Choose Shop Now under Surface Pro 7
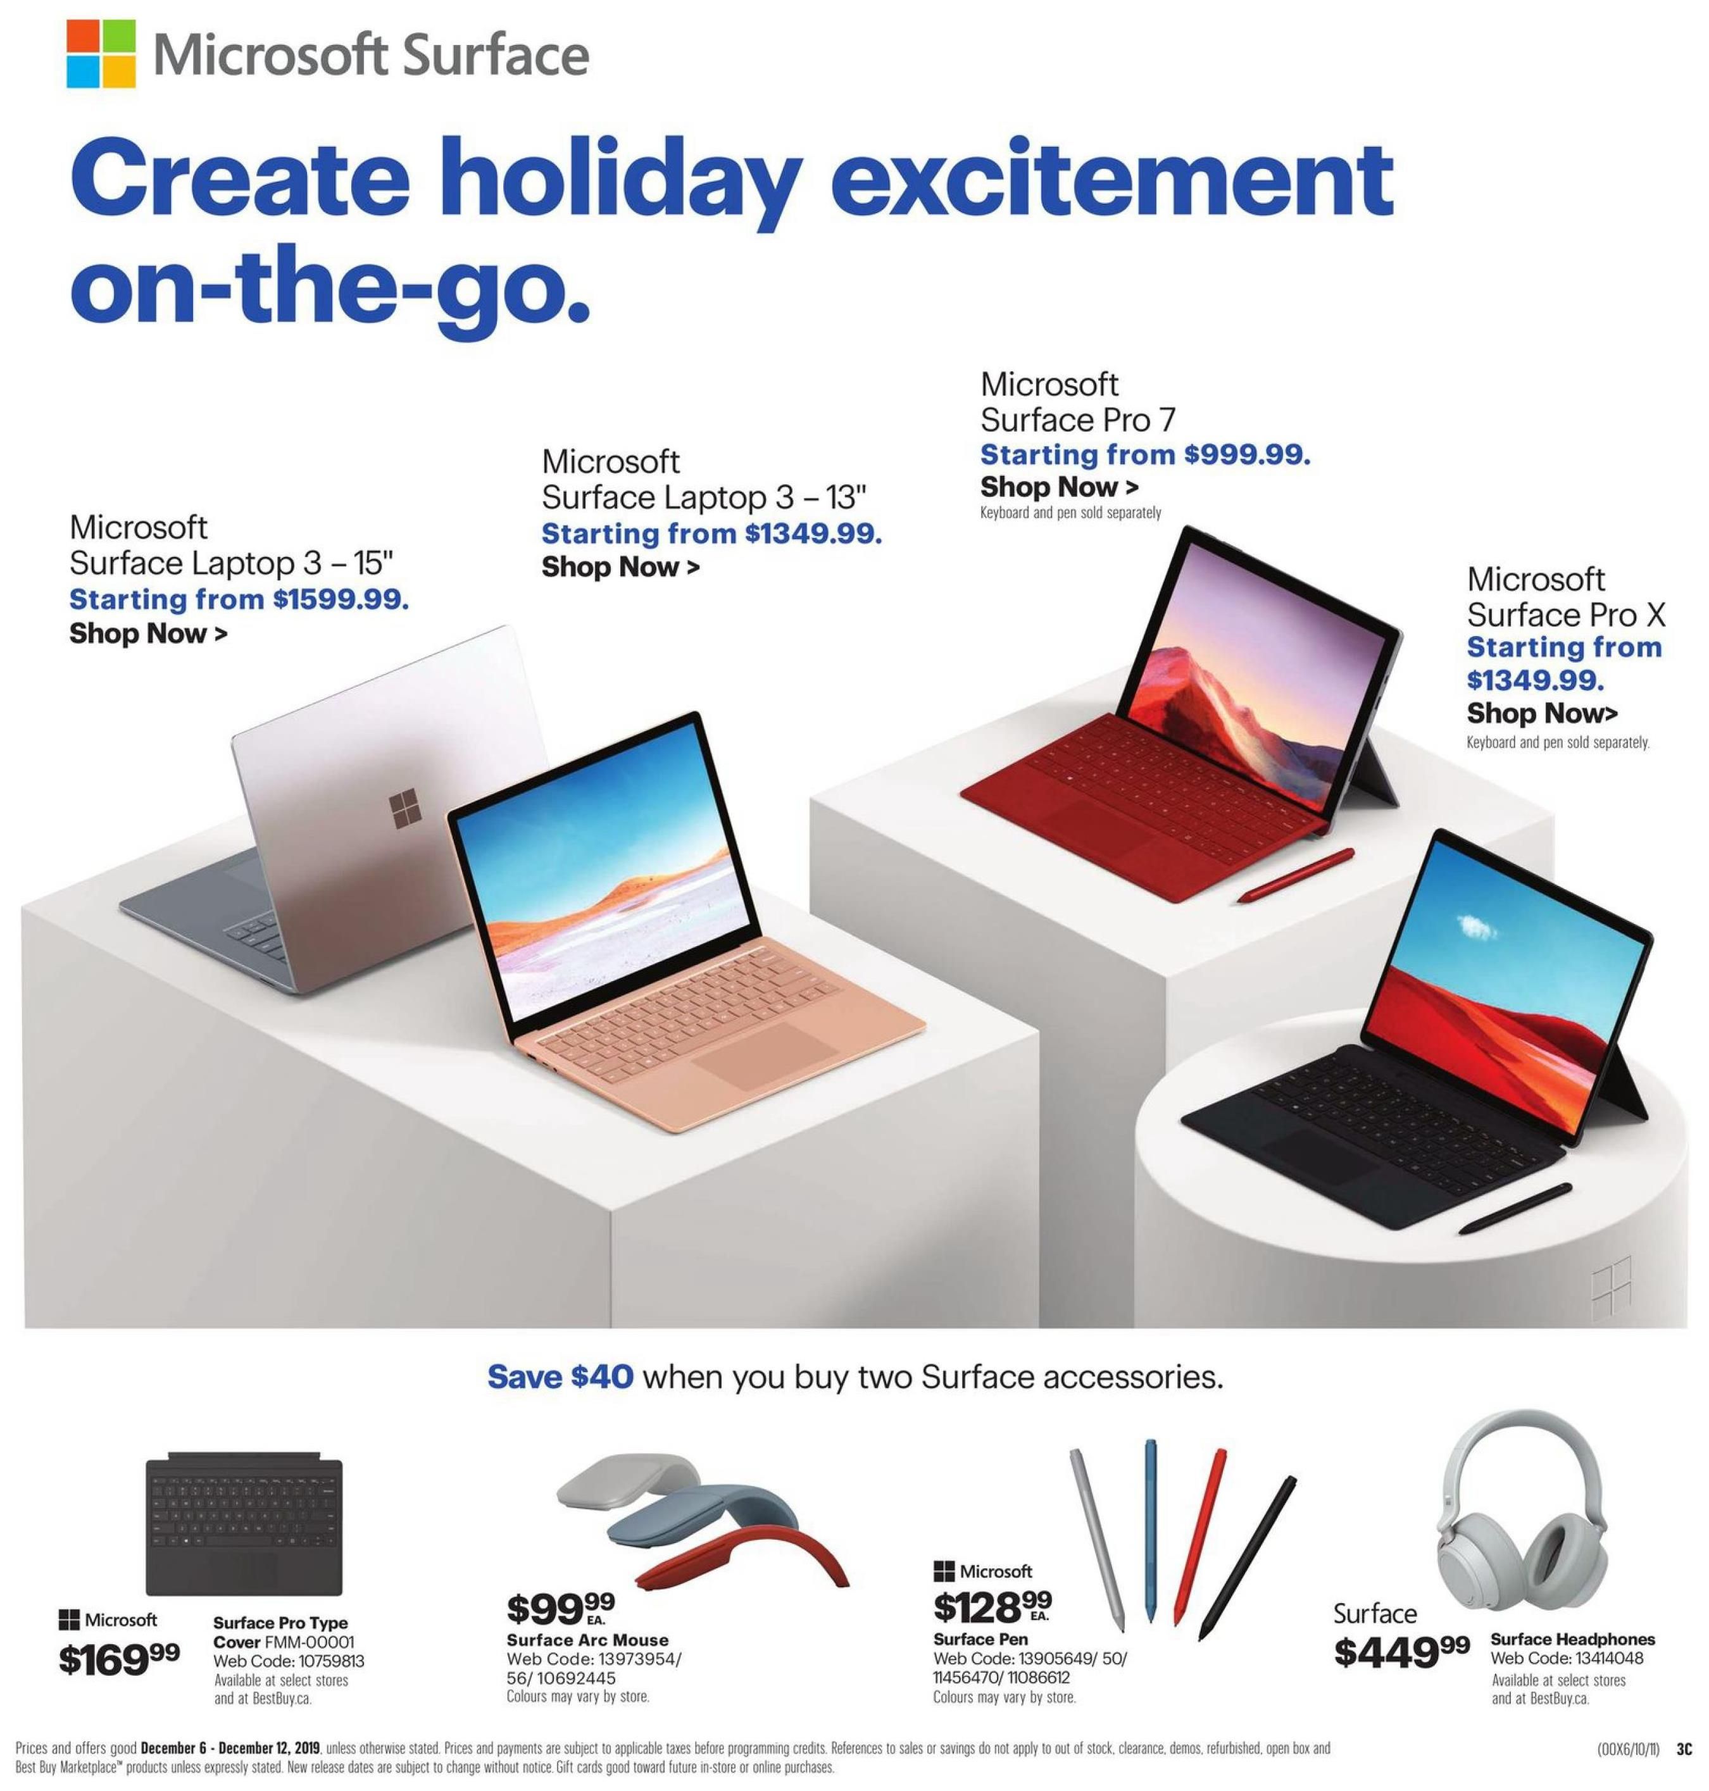[x=1058, y=487]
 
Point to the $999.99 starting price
[x=1247, y=454]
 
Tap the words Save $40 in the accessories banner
[x=560, y=1376]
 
